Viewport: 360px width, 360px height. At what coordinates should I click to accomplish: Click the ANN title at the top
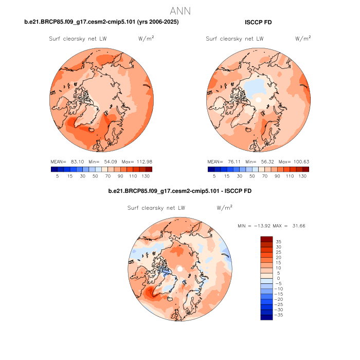[180, 11]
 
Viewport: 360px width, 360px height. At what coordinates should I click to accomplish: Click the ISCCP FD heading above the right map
[259, 22]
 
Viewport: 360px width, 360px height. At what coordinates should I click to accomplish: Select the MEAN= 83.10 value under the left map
[66, 161]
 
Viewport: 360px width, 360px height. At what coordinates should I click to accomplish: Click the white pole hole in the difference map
[179, 269]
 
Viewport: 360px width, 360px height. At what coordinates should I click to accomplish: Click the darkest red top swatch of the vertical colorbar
[266, 239]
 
